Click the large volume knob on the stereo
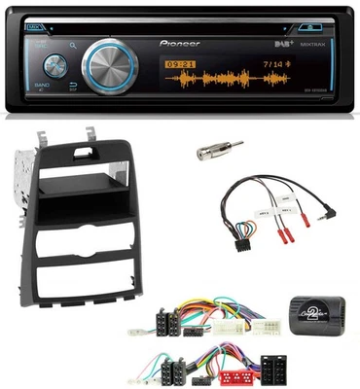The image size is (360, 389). click(112, 66)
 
